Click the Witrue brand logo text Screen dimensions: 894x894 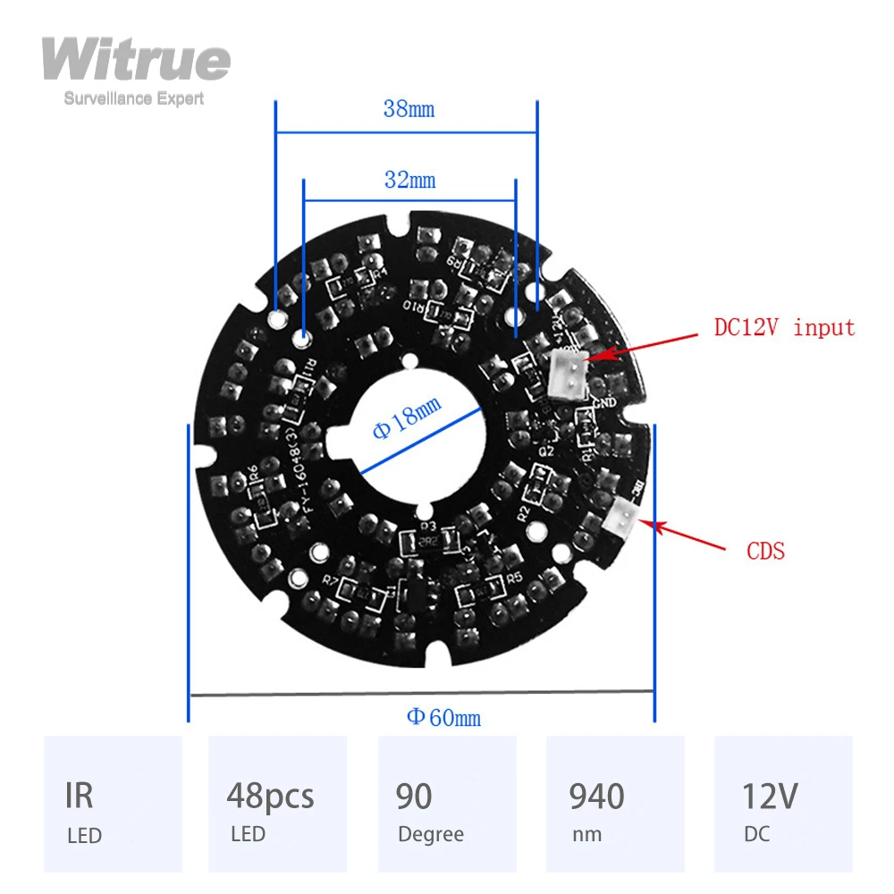click(x=136, y=61)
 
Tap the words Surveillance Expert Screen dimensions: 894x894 click(x=134, y=98)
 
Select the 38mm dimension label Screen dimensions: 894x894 click(x=409, y=109)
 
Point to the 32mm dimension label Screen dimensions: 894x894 click(x=409, y=180)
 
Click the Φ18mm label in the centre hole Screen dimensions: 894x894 click(x=407, y=417)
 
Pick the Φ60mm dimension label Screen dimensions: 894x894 click(x=444, y=717)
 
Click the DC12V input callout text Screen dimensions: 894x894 click(x=784, y=327)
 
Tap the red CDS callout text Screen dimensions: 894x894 click(x=765, y=551)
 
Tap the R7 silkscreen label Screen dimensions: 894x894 click(x=330, y=580)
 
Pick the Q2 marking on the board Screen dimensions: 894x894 click(x=545, y=452)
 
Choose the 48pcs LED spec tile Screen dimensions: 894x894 click(x=277, y=804)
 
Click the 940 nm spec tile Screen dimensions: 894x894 click(x=615, y=804)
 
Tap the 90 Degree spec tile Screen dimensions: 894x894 click(x=446, y=804)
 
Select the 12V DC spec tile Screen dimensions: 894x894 click(x=783, y=804)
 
